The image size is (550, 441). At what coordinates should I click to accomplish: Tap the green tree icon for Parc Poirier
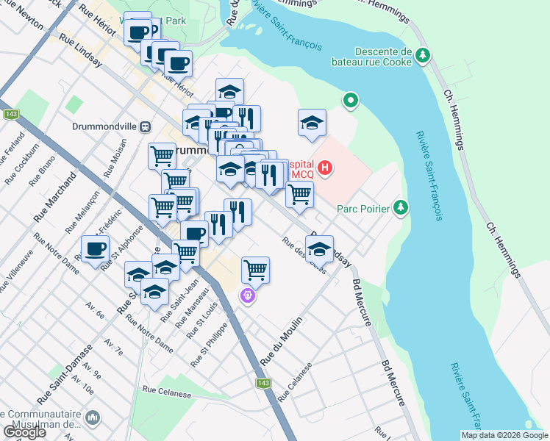[400, 208]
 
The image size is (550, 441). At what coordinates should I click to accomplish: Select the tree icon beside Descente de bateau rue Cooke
[423, 55]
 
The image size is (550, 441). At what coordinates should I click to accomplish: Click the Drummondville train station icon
[146, 126]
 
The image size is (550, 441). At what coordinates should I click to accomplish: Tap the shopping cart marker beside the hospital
[299, 194]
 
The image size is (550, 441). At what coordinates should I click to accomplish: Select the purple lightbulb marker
[249, 296]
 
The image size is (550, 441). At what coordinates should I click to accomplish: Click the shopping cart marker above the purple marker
[255, 269]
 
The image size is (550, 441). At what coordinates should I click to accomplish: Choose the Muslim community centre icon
[93, 417]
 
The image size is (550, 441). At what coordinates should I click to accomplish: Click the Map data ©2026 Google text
[504, 435]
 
